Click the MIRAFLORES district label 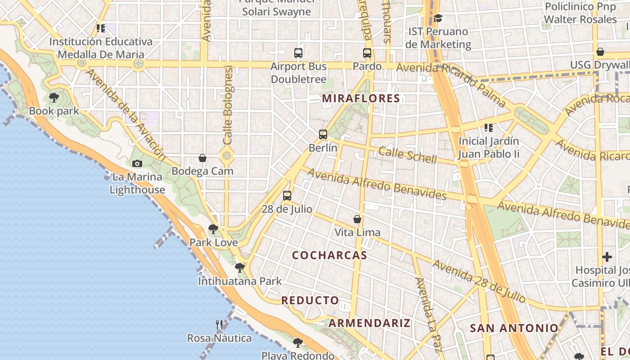(361, 98)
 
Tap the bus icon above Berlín (323, 134)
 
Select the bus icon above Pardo (367, 53)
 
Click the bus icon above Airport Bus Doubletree (298, 53)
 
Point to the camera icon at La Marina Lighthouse (137, 163)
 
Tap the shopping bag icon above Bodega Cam (202, 158)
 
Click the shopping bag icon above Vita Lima (357, 219)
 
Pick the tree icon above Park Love (213, 229)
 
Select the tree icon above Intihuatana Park (239, 268)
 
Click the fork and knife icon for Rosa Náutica (219, 324)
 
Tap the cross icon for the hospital (607, 257)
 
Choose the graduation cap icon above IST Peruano (438, 18)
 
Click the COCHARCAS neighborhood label (329, 255)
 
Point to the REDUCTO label (310, 300)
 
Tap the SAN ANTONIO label (514, 328)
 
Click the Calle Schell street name (407, 155)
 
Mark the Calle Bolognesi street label (228, 105)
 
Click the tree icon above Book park (54, 97)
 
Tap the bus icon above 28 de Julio (287, 196)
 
